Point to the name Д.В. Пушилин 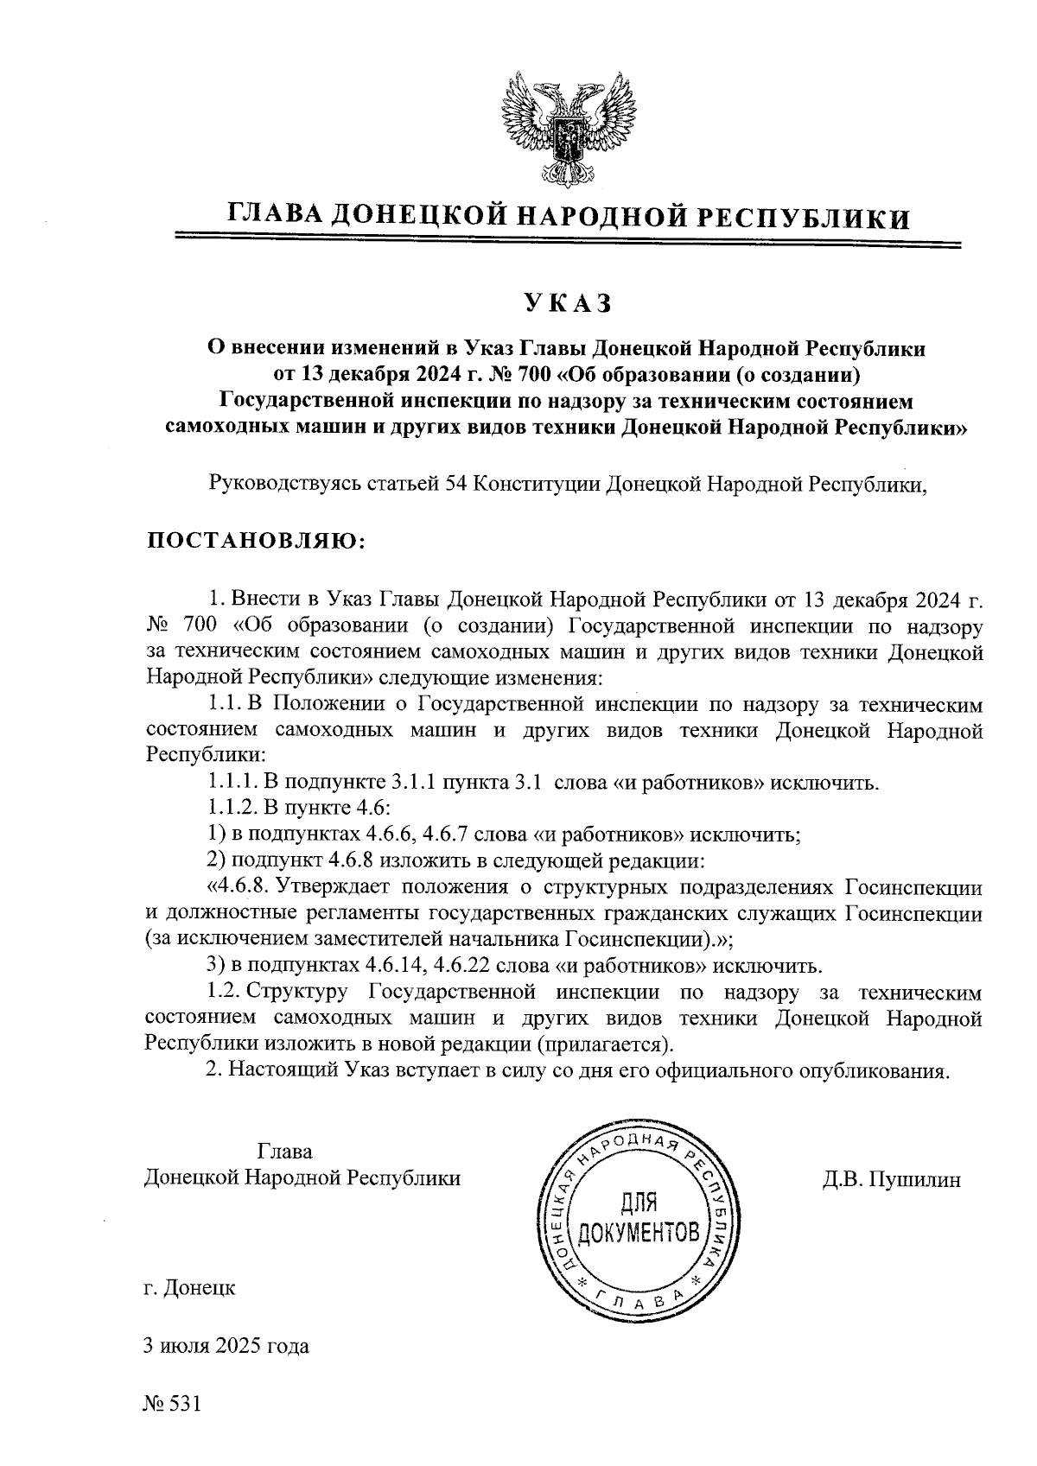pos(891,1180)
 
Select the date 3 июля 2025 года pos(226,1346)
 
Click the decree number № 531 pos(172,1405)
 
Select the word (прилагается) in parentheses pos(603,1044)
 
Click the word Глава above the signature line pos(284,1152)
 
